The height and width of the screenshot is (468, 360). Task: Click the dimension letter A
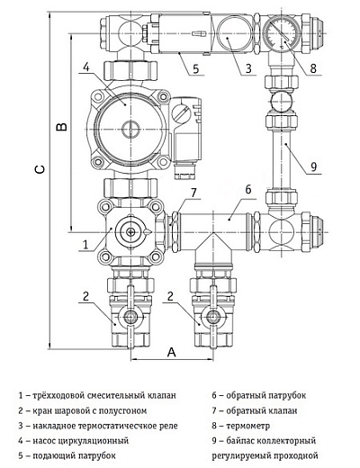[171, 352]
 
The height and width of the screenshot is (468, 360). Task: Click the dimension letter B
[62, 127]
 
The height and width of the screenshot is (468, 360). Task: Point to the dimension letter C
[40, 169]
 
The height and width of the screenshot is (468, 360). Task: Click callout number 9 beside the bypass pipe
[313, 166]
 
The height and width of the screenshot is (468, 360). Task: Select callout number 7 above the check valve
[193, 193]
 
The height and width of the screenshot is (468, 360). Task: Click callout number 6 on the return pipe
[248, 190]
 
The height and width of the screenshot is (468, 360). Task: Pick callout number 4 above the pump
[86, 67]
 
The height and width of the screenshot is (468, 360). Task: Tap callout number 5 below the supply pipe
[196, 68]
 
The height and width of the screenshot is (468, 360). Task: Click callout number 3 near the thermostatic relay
[248, 68]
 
